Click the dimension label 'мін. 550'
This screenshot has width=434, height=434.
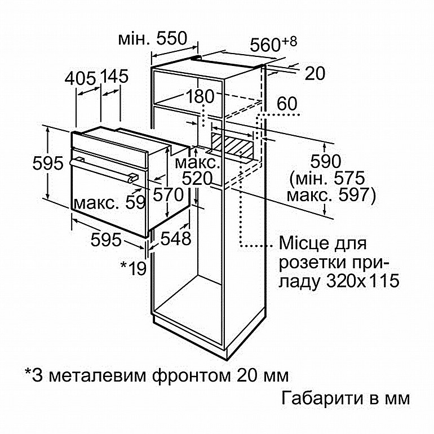click(153, 38)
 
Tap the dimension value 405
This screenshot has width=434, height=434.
click(80, 78)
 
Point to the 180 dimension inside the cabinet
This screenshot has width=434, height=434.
click(201, 96)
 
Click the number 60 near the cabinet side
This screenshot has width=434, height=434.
click(287, 104)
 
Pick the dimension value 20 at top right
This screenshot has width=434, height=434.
click(315, 73)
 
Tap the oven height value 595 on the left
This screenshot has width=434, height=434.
click(48, 163)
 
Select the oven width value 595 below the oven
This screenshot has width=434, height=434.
click(106, 239)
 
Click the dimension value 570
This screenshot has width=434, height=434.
click(169, 194)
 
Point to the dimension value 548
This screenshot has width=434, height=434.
click(176, 238)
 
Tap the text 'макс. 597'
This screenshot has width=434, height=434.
click(331, 195)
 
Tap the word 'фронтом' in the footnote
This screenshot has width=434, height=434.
click(191, 375)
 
